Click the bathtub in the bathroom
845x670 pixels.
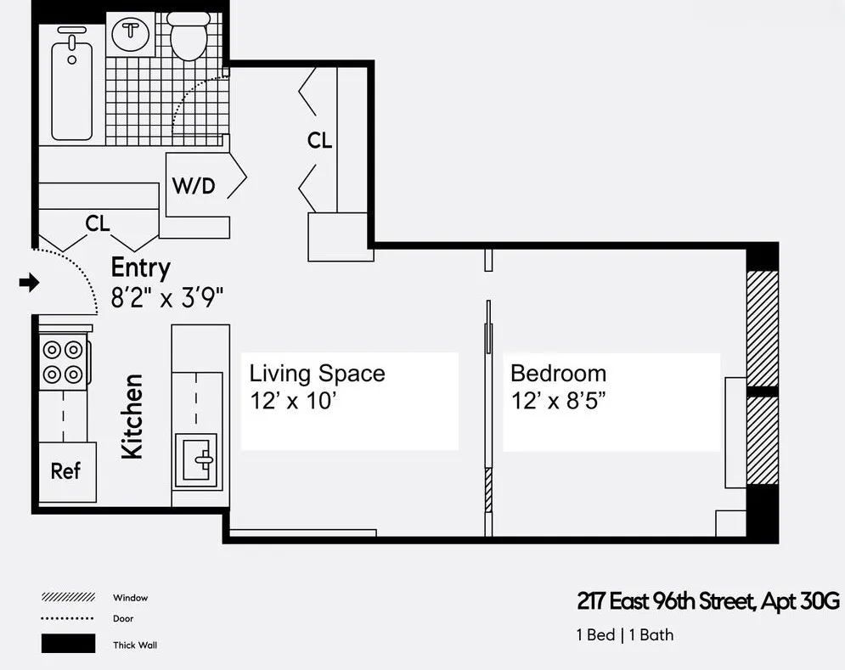pos(72,82)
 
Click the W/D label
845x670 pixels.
pos(194,186)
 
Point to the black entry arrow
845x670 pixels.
pos(30,283)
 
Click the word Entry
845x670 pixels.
pos(141,268)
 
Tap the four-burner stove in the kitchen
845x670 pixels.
pos(64,361)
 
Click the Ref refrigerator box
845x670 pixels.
pos(66,471)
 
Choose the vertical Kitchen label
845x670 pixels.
pos(132,416)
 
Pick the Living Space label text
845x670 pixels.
pos(317,374)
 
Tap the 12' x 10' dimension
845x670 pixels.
pos(294,402)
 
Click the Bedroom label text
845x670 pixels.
pos(558,374)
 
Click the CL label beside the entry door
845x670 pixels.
pos(98,223)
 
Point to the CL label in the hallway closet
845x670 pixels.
pos(319,141)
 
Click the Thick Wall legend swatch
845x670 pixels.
pos(68,644)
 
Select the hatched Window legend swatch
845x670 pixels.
pos(68,598)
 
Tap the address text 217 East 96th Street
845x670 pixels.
pos(664,602)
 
